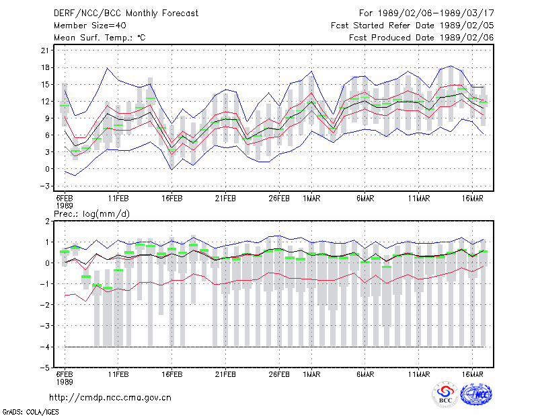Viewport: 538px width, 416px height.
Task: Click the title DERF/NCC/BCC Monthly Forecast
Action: pos(126,13)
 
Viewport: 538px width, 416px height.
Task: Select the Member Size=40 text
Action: pos(90,26)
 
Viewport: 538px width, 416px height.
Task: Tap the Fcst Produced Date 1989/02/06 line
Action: pos(422,38)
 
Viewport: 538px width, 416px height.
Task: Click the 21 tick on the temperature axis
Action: pos(45,50)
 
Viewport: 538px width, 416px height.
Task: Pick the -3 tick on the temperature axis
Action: pos(45,186)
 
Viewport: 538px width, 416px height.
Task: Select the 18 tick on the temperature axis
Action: pos(45,67)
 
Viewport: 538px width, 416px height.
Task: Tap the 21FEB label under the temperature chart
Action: pos(225,199)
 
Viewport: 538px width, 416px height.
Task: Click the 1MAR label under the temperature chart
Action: pos(311,199)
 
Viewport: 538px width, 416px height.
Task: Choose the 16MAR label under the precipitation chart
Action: pos(473,374)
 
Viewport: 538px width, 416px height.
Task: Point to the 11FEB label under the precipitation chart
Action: pos(118,374)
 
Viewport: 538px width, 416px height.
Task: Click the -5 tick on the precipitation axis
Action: pos(45,368)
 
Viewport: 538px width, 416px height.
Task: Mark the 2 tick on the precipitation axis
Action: pos(47,221)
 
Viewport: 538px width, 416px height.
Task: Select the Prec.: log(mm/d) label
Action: pos(91,214)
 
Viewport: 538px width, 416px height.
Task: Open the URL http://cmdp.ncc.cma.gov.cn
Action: pos(110,398)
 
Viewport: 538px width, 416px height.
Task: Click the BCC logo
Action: pos(445,394)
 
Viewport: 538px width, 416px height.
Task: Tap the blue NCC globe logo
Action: pos(476,394)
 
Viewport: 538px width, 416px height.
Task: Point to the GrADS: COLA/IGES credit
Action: pos(30,412)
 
